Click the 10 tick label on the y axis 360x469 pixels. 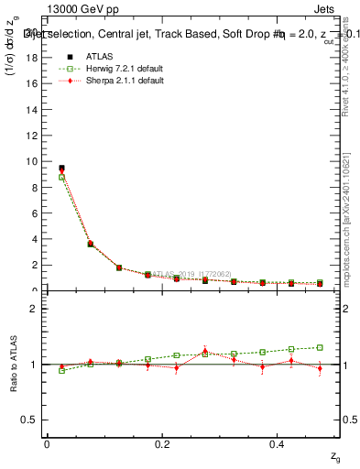point(31,161)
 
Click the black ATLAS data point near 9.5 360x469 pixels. point(61,168)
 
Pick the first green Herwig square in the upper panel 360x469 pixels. point(61,177)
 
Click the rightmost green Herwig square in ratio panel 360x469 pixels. point(320,347)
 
